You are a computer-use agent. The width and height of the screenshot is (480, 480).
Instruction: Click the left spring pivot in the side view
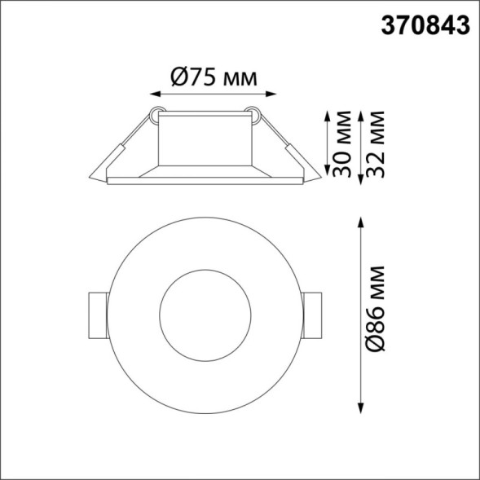[156, 116]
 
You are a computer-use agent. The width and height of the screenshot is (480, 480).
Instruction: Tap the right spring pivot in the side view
[256, 116]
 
